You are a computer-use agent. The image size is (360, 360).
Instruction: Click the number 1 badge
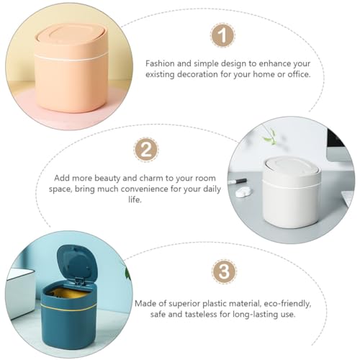click(222, 35)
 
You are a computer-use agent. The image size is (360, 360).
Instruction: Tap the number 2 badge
click(146, 150)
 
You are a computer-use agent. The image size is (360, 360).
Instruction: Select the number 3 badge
click(224, 271)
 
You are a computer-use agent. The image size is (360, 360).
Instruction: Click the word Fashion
click(160, 63)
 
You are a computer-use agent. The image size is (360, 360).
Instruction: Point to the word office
click(299, 74)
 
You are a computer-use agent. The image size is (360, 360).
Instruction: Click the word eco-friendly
click(287, 304)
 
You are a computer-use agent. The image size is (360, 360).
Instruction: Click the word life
click(135, 199)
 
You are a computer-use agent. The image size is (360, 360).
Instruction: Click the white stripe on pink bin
click(71, 58)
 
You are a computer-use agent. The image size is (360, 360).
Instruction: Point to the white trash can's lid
click(292, 170)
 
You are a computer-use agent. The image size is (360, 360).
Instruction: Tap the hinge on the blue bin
click(79, 282)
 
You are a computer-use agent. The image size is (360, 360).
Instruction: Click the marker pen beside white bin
click(238, 181)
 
